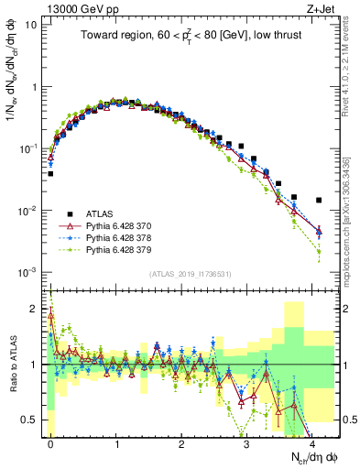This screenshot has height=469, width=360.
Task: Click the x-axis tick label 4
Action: pyautogui.click(x=313, y=442)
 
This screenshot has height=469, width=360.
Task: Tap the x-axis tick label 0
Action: pyautogui.click(x=50, y=442)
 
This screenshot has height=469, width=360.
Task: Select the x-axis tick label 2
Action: pyautogui.click(x=182, y=442)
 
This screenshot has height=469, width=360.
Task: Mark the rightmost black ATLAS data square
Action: pyautogui.click(x=319, y=200)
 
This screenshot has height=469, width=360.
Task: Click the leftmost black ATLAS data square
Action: pyautogui.click(x=50, y=173)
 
